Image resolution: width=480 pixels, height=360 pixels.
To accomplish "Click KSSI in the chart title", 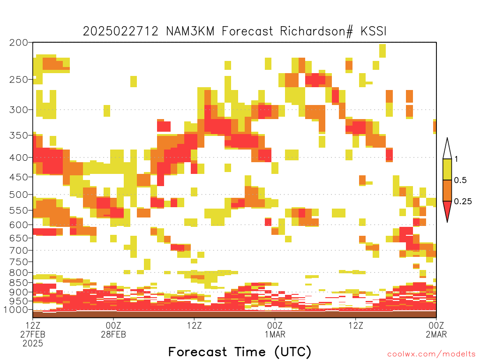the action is coord(374,31).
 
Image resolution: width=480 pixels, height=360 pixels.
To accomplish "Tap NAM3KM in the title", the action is coord(190,31).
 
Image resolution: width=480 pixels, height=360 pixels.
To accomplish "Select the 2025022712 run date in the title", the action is coord(120,31).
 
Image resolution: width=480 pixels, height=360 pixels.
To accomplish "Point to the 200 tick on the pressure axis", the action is coord(19,43).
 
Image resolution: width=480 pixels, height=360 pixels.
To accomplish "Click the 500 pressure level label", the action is coord(19,195).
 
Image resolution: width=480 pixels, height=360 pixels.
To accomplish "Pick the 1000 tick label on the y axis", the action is coord(16,310).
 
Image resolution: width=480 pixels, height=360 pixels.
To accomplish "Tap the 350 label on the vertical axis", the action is coord(19,135).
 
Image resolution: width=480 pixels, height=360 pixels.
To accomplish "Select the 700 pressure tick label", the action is coord(19,250).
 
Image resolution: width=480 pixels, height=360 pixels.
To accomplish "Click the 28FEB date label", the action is coord(113,334).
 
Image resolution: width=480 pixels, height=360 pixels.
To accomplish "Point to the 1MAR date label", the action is coord(275,334).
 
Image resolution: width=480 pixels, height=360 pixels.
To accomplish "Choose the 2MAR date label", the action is coord(436,334).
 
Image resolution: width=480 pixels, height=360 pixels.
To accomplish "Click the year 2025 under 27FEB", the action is coord(33,343).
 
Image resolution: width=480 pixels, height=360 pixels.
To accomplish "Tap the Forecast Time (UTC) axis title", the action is coord(240,352).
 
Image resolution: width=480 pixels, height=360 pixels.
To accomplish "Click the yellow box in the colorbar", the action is coord(447,169).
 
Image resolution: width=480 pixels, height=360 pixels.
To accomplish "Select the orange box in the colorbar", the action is coord(447,190).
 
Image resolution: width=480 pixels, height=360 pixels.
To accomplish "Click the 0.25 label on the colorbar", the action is coord(463,202).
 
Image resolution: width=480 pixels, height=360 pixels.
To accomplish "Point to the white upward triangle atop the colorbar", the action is coord(447,149).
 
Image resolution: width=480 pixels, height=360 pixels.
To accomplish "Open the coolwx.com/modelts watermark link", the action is coord(431,354).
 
